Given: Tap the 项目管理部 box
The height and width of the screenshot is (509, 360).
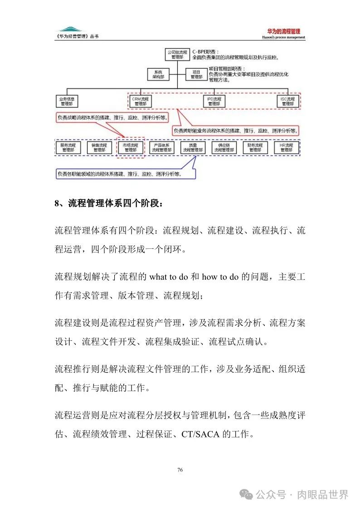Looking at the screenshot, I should coord(196,74).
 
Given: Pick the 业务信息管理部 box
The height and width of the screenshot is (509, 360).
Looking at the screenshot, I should coord(67,101).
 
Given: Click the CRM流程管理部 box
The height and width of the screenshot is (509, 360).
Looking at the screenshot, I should coord(140,101).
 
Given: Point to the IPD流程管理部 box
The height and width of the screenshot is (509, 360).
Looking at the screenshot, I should coord(214,101).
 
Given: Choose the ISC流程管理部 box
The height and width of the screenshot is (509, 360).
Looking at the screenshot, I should coord(287,101).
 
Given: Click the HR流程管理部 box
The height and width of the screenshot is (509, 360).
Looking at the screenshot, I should coord(286,147).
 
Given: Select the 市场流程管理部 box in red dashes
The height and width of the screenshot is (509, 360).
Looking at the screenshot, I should coord(131,147).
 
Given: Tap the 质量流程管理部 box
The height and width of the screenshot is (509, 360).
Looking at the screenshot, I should coord(193,147).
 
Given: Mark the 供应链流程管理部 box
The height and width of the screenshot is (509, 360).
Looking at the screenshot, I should coord(224,147).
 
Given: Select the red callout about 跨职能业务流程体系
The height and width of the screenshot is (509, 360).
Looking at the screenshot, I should coord(236,131).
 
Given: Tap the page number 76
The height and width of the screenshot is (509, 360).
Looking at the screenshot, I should coord(180,470).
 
